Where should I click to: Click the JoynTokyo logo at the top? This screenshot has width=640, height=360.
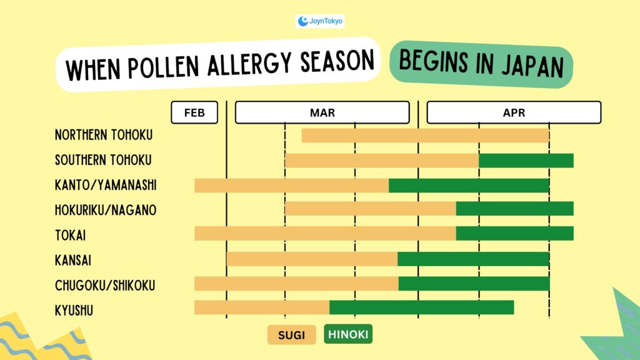(x=320, y=21)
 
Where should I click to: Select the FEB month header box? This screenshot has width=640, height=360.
(x=194, y=113)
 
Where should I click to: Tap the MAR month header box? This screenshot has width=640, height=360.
(x=322, y=113)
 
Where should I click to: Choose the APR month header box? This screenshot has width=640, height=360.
(x=514, y=113)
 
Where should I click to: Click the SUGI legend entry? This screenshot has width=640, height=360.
(x=292, y=335)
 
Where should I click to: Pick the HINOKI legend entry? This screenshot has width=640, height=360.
(x=348, y=335)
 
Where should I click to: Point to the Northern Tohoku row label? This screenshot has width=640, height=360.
(x=104, y=135)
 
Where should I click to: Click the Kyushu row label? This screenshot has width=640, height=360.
(x=74, y=310)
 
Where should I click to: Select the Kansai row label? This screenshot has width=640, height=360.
(x=73, y=260)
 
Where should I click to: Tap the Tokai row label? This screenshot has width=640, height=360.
(x=70, y=236)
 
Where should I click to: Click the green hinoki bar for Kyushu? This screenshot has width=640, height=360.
(x=421, y=307)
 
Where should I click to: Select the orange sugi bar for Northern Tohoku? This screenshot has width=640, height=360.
(x=425, y=135)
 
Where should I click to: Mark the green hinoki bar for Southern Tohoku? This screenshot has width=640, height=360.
(x=526, y=160)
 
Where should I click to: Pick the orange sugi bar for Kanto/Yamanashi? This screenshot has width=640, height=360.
(x=291, y=185)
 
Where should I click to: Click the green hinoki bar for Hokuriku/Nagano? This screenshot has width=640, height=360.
(x=514, y=209)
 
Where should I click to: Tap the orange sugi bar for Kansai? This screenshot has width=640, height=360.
(x=312, y=259)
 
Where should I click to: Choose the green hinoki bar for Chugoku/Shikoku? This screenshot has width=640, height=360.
(x=474, y=284)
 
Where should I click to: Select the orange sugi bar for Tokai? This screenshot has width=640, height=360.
(x=325, y=233)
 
